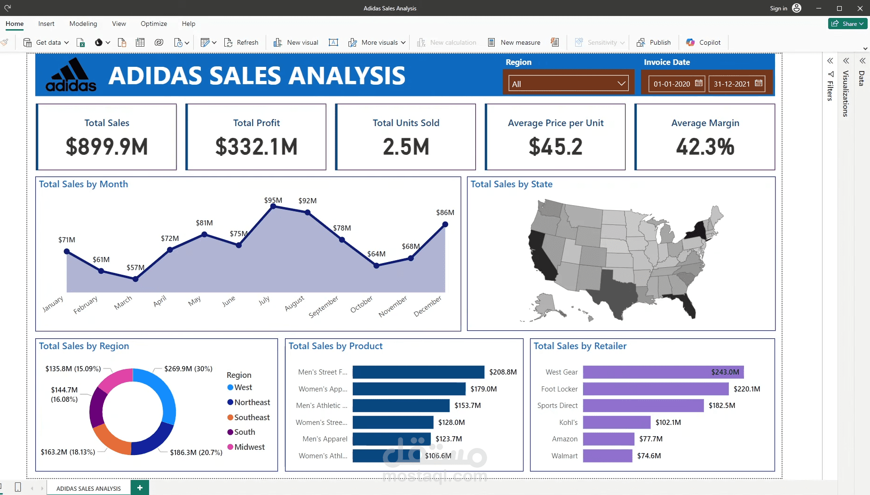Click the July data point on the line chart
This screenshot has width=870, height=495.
pyautogui.click(x=273, y=207)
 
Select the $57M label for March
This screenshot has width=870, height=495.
pyautogui.click(x=135, y=267)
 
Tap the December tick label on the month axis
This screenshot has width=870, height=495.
pyautogui.click(x=427, y=306)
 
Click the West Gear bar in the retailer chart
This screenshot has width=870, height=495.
pyautogui.click(x=663, y=372)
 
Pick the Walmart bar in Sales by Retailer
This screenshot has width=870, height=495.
pyautogui.click(x=608, y=455)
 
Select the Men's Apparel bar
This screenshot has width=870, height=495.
pyautogui.click(x=391, y=439)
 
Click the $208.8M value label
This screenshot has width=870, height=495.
pyautogui.click(x=503, y=372)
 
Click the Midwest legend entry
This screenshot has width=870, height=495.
pyautogui.click(x=246, y=447)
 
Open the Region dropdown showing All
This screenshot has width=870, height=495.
pyautogui.click(x=569, y=84)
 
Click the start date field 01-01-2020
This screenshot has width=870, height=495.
pyautogui.click(x=677, y=84)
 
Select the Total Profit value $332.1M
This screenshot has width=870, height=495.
pyautogui.click(x=256, y=147)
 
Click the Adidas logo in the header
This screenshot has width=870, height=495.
pyautogui.click(x=71, y=75)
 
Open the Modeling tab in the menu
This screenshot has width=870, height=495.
pyautogui.click(x=83, y=24)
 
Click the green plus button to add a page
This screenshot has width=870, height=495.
pyautogui.click(x=140, y=488)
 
